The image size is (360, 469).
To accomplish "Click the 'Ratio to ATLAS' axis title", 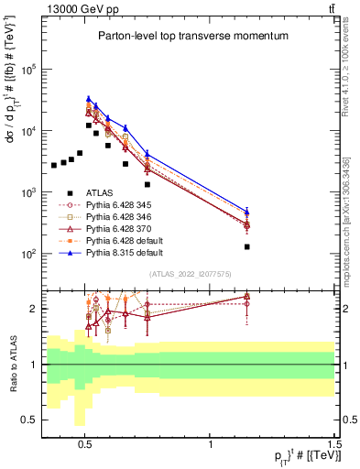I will (x=12, y=364).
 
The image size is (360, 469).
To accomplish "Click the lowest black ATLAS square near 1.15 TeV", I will (x=247, y=246).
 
